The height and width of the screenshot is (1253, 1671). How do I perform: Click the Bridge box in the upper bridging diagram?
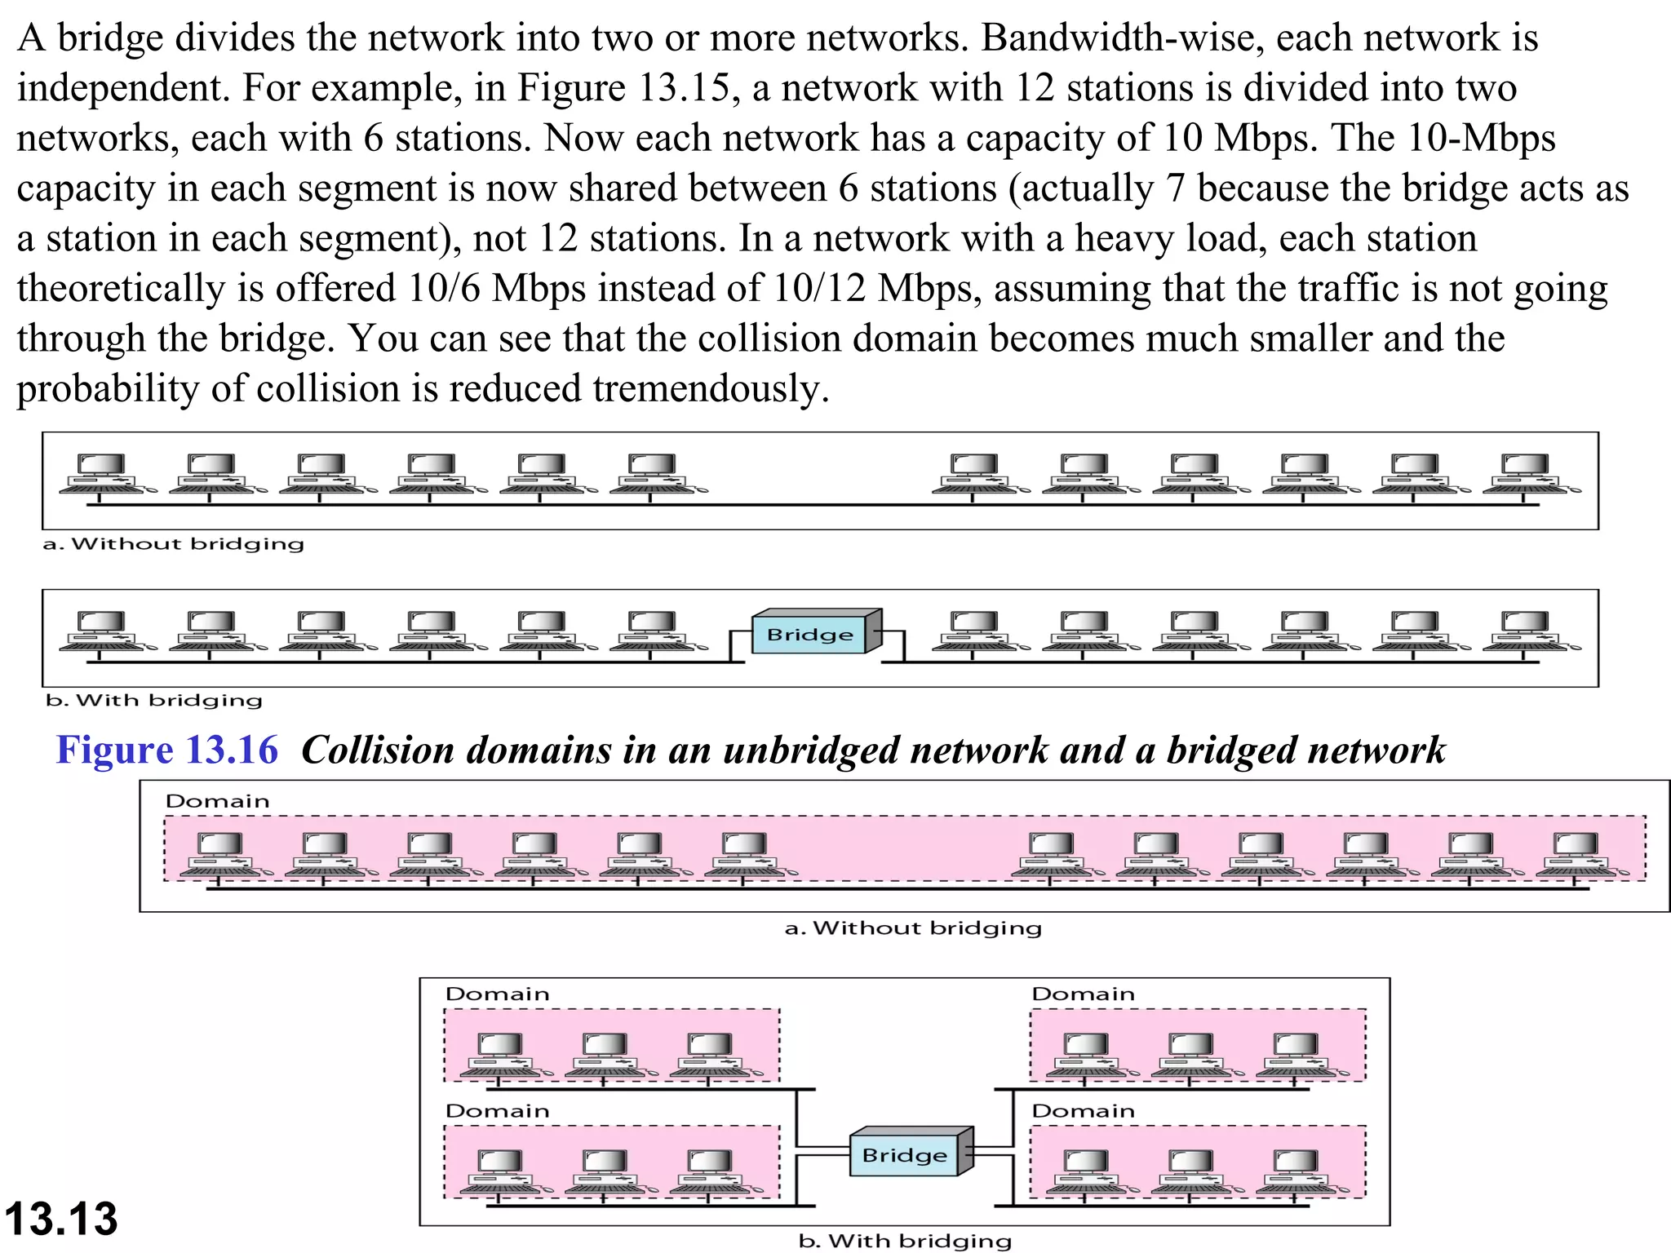click(x=810, y=634)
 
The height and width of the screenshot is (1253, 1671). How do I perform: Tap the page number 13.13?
click(x=61, y=1219)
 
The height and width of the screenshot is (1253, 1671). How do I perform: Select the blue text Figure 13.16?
click(x=167, y=750)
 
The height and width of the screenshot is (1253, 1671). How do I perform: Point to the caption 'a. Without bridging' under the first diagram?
click(x=174, y=544)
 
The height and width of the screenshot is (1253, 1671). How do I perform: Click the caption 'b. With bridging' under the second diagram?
click(x=154, y=701)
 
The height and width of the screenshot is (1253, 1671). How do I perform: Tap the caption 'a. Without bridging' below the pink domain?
click(x=913, y=928)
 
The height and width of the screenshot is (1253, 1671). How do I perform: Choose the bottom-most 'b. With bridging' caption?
click(x=905, y=1241)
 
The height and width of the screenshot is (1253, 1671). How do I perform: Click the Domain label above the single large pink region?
click(x=217, y=801)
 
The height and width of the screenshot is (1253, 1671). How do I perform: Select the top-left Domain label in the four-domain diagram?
click(x=498, y=994)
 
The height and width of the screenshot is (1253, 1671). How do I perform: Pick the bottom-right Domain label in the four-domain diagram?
click(x=1084, y=1111)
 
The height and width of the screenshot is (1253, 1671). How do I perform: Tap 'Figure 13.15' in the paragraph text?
click(x=623, y=87)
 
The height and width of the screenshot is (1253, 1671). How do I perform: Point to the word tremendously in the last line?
click(x=706, y=388)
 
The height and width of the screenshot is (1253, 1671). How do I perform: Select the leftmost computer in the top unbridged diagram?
click(x=102, y=474)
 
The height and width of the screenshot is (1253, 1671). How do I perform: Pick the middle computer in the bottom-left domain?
click(x=605, y=1171)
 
